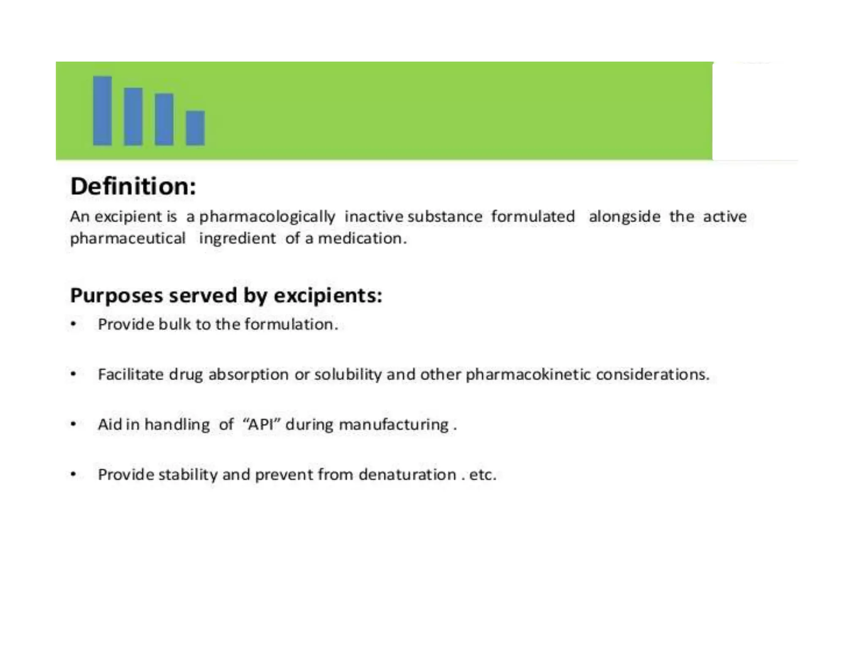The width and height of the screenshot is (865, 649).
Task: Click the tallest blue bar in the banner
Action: [x=102, y=111]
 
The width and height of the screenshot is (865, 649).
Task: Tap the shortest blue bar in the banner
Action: [x=195, y=128]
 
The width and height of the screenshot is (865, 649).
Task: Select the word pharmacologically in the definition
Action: [x=267, y=217]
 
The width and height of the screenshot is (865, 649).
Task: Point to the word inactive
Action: [x=374, y=216]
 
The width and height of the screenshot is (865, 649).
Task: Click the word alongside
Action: [x=624, y=216]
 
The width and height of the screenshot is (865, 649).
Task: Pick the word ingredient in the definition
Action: [x=237, y=239]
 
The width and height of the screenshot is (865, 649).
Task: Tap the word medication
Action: [x=362, y=238]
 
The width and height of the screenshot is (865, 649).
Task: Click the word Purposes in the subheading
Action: [x=116, y=295]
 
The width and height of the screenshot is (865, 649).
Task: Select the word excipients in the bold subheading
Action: [x=327, y=295]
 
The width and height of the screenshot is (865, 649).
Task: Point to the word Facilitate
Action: [x=131, y=374]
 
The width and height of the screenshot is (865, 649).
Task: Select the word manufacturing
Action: [x=394, y=425]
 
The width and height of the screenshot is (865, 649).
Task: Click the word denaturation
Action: [x=407, y=474]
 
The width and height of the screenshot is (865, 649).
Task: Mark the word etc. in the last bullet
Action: [x=482, y=474]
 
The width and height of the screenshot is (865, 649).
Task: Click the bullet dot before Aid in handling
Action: [x=73, y=424]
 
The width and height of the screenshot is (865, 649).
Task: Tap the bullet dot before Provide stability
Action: [x=73, y=474]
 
